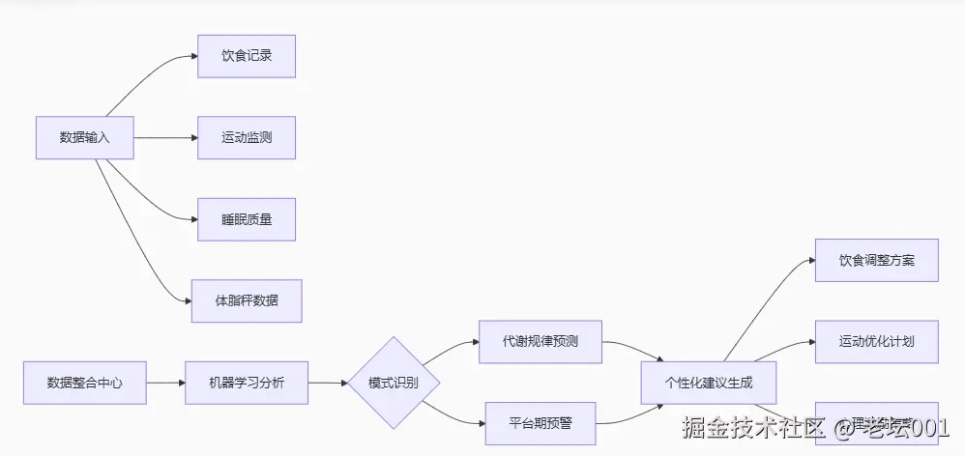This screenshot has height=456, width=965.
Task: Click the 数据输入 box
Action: tap(84, 138)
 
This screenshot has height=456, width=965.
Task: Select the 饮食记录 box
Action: tap(246, 56)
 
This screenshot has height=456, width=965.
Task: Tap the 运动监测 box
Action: tap(246, 138)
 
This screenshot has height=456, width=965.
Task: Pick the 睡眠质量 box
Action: tap(246, 219)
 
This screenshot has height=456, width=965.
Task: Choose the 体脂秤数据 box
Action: tap(246, 300)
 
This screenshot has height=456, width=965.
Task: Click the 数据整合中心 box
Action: tap(84, 383)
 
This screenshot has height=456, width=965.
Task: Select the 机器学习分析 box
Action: tap(246, 383)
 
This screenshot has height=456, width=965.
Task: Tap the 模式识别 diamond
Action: tap(393, 383)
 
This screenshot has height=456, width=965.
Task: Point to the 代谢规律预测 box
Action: tap(540, 342)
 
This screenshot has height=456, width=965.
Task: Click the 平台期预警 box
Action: tap(540, 423)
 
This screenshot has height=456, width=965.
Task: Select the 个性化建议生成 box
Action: tap(709, 383)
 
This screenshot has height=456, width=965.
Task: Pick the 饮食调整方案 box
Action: tap(876, 261)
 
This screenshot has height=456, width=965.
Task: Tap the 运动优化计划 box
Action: tap(876, 342)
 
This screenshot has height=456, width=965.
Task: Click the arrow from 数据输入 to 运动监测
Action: tap(164, 138)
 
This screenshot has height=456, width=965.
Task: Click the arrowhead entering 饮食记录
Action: tap(192, 57)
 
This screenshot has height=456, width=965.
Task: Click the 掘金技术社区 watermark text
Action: tap(752, 427)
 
